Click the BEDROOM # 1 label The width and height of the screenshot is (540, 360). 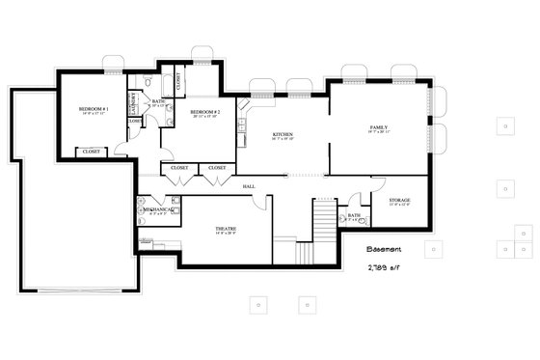click(93, 110)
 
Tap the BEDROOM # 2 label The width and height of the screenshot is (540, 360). click(205, 113)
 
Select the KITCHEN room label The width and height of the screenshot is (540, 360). click(283, 134)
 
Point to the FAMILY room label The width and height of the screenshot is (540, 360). click(378, 127)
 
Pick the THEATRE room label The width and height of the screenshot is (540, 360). click(225, 228)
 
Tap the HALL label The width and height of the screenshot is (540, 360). click(249, 185)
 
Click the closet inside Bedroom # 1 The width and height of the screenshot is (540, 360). click(91, 152)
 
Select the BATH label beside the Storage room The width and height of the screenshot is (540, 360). click(354, 215)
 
